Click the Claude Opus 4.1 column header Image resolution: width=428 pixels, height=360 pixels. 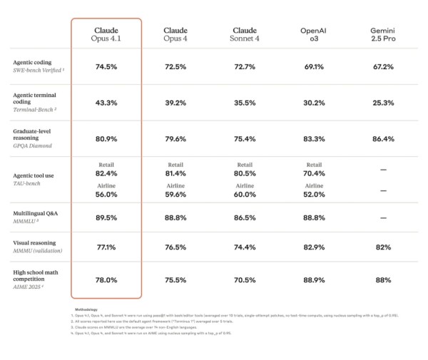coord(106,35)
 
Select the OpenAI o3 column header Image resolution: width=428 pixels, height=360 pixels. coord(313,35)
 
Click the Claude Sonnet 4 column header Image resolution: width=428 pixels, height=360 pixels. coord(245,35)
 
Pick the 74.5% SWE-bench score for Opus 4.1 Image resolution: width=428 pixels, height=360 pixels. coord(106,66)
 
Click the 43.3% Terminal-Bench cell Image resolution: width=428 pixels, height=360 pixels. coord(106,102)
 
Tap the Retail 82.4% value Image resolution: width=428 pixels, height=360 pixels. coord(106,173)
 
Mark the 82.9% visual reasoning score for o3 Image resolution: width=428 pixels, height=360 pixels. coord(313,247)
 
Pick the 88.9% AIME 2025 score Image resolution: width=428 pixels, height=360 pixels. coord(313,280)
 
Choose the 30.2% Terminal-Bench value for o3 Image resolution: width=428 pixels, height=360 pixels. coord(313,102)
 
